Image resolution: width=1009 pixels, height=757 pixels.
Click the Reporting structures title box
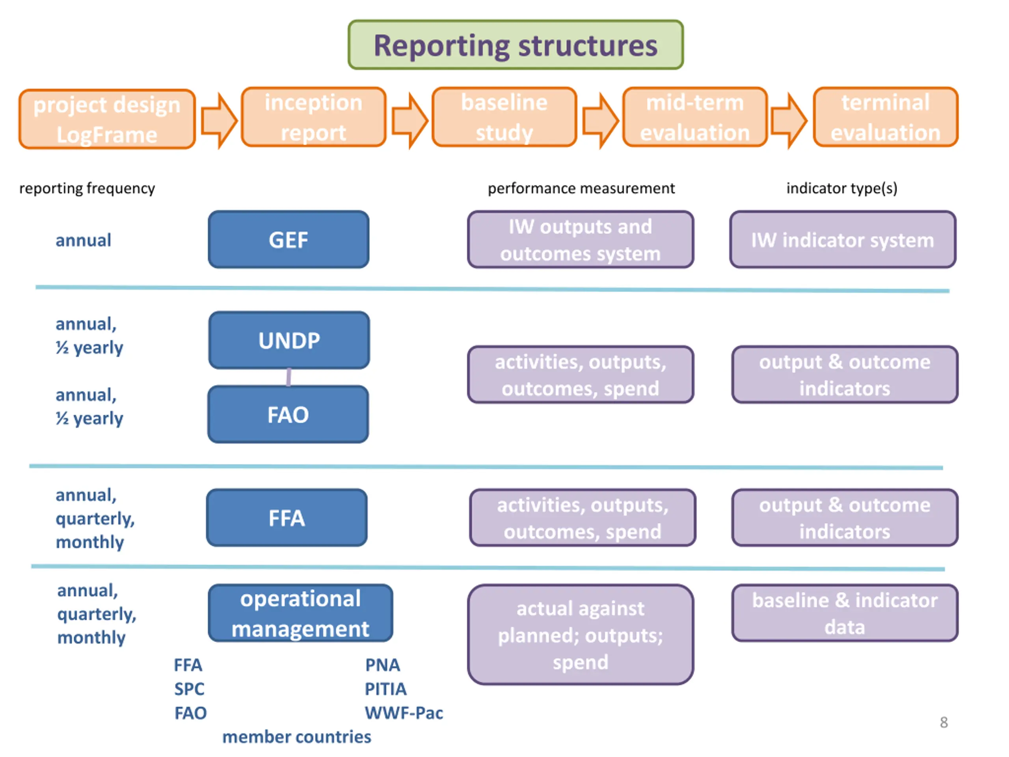click(516, 45)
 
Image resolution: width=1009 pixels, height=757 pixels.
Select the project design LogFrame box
click(107, 119)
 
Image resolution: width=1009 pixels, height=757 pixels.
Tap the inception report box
click(313, 117)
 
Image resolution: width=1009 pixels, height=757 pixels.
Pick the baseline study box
click(504, 117)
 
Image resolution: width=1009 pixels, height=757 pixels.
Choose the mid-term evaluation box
click(695, 117)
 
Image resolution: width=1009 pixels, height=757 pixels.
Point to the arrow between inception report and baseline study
click(410, 121)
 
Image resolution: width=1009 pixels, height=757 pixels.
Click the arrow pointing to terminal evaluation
click(789, 121)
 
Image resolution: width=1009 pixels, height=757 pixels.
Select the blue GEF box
click(289, 240)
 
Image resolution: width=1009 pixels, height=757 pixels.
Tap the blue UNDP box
click(289, 340)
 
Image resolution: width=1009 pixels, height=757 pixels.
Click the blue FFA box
click(287, 517)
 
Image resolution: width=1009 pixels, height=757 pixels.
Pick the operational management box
click(301, 613)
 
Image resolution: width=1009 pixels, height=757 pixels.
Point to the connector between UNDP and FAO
click(289, 377)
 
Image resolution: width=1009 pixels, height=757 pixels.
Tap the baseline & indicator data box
click(845, 613)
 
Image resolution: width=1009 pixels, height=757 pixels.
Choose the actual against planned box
click(581, 635)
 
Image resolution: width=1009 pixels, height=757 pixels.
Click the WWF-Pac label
click(404, 713)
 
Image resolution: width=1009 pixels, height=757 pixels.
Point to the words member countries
click(296, 737)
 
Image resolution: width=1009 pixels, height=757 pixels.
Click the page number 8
click(944, 722)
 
